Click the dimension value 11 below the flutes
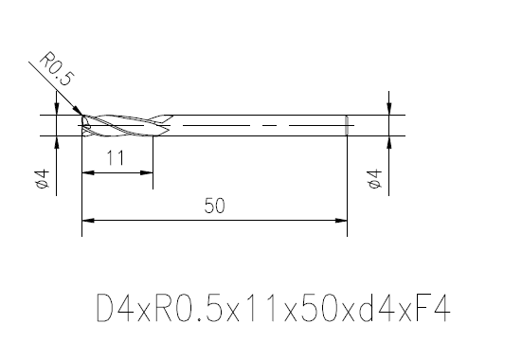pyautogui.click(x=117, y=160)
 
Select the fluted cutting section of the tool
pyautogui.click(x=123, y=125)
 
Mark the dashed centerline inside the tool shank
pyautogui.click(x=256, y=125)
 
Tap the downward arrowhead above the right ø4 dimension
pyautogui.click(x=388, y=109)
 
